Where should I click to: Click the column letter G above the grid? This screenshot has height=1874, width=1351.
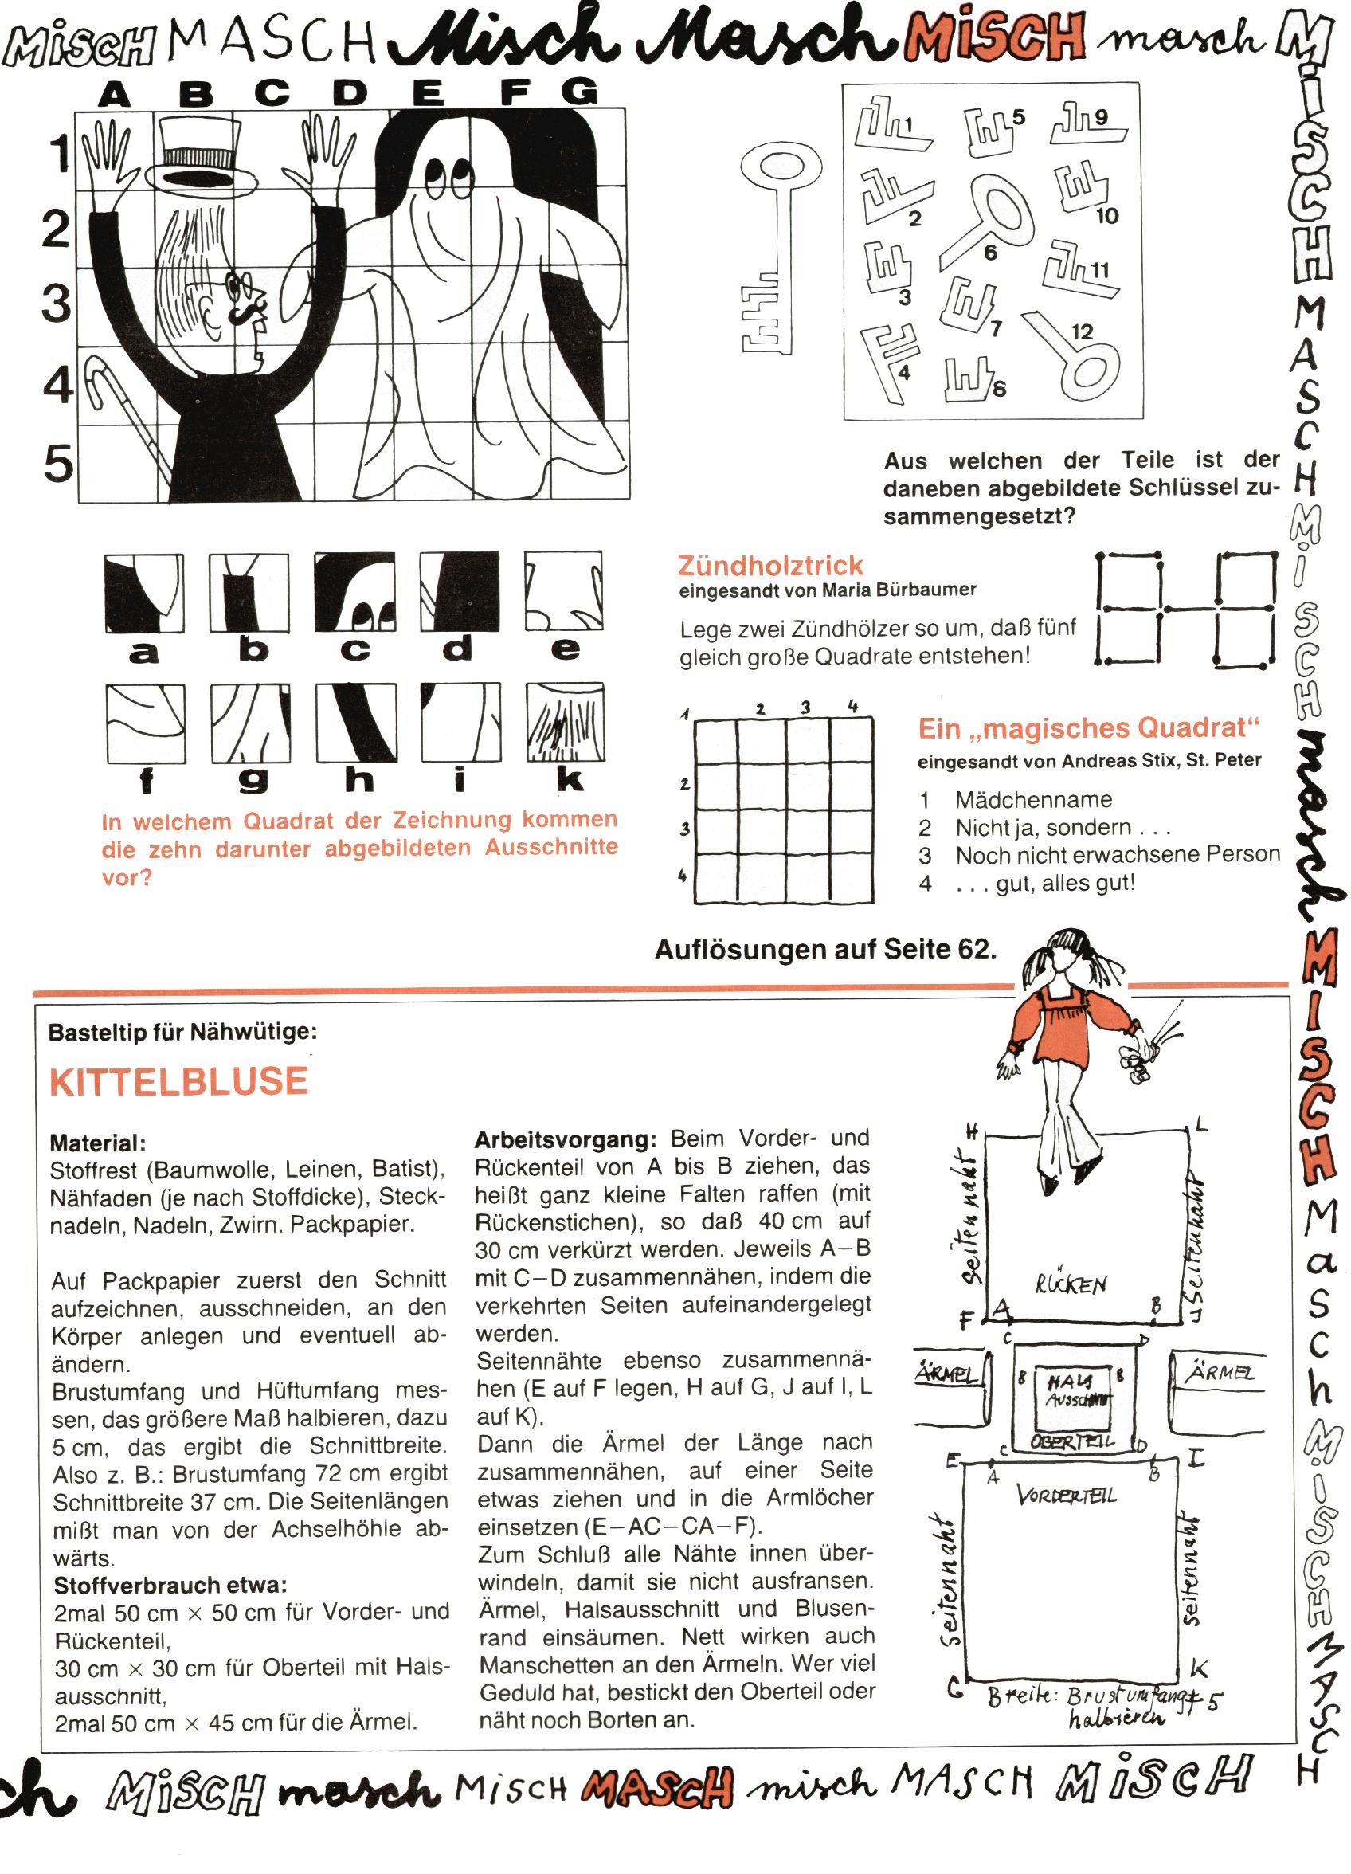pyautogui.click(x=580, y=91)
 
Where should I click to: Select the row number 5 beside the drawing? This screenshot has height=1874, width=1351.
pyautogui.click(x=58, y=463)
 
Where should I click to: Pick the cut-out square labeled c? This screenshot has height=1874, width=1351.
pyautogui.click(x=354, y=594)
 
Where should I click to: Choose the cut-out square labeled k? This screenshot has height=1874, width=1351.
pyautogui.click(x=566, y=723)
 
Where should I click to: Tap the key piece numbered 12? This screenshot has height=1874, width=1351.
pyautogui.click(x=1075, y=355)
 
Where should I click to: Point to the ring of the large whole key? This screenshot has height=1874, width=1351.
pyautogui.click(x=781, y=165)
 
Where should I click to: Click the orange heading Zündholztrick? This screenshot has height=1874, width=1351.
pyautogui.click(x=770, y=566)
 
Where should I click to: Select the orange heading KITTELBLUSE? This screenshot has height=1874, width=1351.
pyautogui.click(x=178, y=1081)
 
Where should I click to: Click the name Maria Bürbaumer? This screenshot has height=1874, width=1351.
pyautogui.click(x=899, y=590)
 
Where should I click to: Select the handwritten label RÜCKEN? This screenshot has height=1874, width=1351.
pyautogui.click(x=1071, y=1285)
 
